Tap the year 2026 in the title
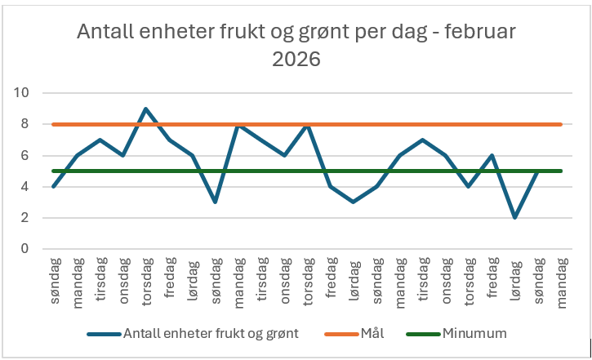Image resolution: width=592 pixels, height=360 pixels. click(296, 60)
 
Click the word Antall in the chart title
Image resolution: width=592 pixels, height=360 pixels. click(106, 33)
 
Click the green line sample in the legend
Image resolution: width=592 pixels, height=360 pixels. click(422, 333)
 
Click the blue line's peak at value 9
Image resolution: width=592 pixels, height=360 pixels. click(145, 109)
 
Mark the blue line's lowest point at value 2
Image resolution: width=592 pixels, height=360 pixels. click(515, 218)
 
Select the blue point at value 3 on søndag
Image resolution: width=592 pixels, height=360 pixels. click(215, 202)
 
